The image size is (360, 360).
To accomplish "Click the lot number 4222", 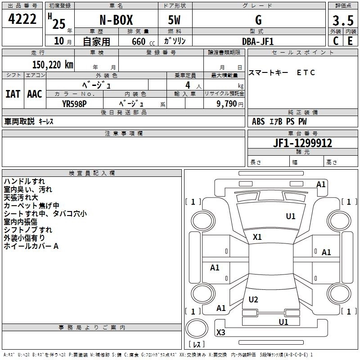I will pyautogui.click(x=22, y=20).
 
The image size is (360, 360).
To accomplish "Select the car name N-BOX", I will pyautogui.click(x=116, y=20).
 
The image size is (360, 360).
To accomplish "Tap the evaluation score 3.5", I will pyautogui.click(x=342, y=21).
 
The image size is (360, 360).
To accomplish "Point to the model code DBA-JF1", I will pyautogui.click(x=258, y=41).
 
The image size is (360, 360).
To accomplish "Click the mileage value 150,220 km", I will pyautogui.click(x=53, y=65).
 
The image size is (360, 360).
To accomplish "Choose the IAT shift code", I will pyautogui.click(x=13, y=94).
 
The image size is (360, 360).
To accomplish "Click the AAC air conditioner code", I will pyautogui.click(x=35, y=94).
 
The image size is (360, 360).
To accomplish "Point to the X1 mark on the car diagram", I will pyautogui.click(x=257, y=237).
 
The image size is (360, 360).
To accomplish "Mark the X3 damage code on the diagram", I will pyautogui.click(x=220, y=333).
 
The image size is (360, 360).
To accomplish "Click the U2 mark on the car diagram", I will pyautogui.click(x=253, y=300).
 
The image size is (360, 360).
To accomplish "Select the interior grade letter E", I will pyautogui.click(x=350, y=41).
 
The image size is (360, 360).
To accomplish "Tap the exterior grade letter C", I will pyautogui.click(x=335, y=41).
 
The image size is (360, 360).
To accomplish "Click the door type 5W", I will pyautogui.click(x=175, y=20).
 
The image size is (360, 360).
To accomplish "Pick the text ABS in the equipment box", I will pyautogui.click(x=258, y=121).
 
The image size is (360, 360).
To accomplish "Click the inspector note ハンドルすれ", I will pyautogui.click(x=24, y=181).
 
